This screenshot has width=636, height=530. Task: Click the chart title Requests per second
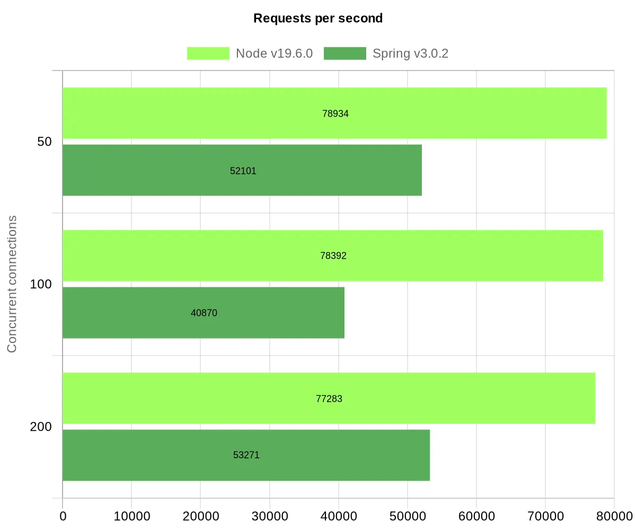(318, 19)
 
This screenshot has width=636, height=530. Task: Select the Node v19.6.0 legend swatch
(208, 54)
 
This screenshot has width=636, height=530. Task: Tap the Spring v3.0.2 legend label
(411, 54)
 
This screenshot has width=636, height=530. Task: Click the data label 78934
(335, 113)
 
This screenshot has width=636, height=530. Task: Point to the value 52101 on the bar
(243, 171)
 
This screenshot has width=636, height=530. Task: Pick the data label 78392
(333, 256)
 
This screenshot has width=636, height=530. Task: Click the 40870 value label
(204, 313)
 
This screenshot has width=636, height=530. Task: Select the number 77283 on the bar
(329, 399)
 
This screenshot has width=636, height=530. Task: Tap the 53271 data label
(246, 455)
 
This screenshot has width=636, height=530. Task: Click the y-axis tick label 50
(45, 142)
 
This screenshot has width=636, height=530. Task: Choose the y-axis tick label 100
(41, 285)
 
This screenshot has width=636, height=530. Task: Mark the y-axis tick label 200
(41, 427)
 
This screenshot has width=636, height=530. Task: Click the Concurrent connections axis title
(12, 284)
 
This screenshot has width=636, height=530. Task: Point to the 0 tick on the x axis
(63, 516)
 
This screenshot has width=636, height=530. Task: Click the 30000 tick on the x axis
(269, 516)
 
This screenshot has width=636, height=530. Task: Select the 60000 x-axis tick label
(476, 516)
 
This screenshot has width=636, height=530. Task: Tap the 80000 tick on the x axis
(614, 516)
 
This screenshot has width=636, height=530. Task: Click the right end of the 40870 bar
(343, 313)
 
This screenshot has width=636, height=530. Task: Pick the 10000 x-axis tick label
(131, 516)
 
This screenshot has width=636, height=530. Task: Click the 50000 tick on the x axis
(407, 516)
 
